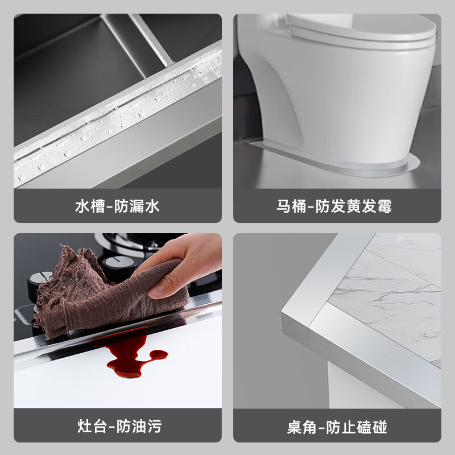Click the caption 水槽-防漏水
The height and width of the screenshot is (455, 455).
coord(117,206)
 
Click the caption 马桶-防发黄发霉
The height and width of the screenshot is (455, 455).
coord(337,206)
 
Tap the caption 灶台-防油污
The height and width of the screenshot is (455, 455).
coord(117,426)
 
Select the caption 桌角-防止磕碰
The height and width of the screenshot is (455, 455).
coord(337,426)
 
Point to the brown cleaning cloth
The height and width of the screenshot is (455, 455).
coord(85,290)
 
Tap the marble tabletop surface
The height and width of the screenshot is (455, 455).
coord(392,290)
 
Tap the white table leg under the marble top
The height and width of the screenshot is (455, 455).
coord(353,387)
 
